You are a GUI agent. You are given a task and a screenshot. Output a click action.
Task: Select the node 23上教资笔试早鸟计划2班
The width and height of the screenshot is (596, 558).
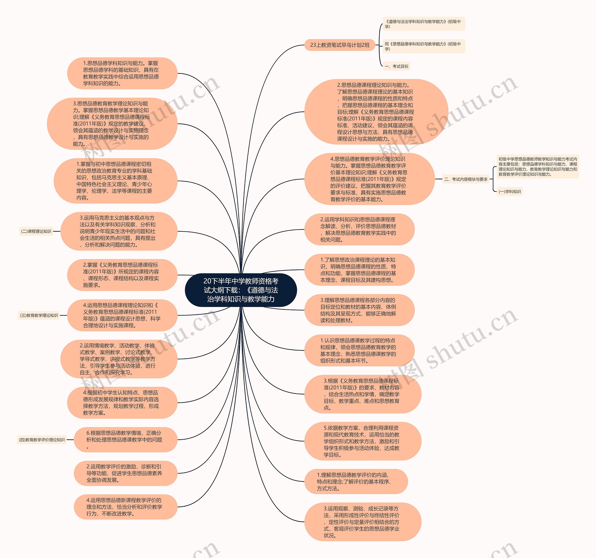click(x=340, y=45)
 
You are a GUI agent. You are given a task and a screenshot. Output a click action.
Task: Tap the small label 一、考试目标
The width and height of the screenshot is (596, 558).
click(x=396, y=66)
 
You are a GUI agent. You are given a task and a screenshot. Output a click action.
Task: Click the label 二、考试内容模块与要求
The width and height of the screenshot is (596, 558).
click(x=466, y=179)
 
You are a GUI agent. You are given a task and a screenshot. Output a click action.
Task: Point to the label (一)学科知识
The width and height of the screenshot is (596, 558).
click(x=510, y=191)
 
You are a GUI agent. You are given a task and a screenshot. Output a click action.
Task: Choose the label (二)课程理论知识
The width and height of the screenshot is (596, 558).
click(x=36, y=231)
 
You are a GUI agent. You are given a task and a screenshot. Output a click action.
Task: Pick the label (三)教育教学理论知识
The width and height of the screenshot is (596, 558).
click(x=39, y=315)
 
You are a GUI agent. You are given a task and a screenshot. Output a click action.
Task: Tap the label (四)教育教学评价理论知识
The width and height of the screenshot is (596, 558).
click(x=42, y=440)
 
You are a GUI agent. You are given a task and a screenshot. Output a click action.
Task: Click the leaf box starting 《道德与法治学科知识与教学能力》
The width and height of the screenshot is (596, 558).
click(x=423, y=24)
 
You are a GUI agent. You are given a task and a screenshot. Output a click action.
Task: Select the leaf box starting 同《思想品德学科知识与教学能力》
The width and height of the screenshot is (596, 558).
click(x=423, y=46)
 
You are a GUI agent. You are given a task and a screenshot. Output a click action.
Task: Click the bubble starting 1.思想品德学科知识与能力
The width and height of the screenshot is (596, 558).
click(x=122, y=73)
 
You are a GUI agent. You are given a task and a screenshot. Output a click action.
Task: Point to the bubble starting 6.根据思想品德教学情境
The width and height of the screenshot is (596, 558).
click(x=125, y=439)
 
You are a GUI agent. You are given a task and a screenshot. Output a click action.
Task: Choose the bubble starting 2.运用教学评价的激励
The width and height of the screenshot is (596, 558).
click(x=125, y=473)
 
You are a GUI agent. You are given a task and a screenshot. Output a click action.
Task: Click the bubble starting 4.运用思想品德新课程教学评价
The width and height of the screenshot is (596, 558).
click(x=125, y=507)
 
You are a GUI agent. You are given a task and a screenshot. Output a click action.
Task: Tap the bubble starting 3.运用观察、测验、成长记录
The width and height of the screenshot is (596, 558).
click(x=362, y=522)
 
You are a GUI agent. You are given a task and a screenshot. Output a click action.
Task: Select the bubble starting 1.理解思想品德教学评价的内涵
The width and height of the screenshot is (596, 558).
click(x=356, y=482)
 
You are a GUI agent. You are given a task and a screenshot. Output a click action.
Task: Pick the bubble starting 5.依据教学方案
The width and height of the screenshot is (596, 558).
click(x=362, y=441)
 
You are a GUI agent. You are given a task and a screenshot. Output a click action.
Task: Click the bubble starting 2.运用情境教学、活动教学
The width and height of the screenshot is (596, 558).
click(x=119, y=359)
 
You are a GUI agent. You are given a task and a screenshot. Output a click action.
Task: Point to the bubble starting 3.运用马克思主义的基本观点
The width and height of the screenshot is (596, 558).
click(x=119, y=231)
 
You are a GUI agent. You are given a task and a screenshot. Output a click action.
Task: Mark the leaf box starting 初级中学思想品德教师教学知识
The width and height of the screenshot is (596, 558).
click(x=538, y=167)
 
